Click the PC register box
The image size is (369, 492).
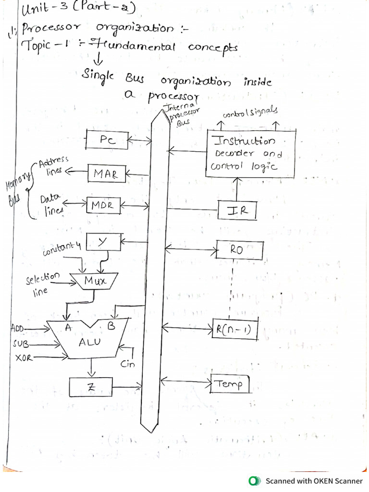coord(107,140)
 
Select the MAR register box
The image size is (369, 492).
coord(106,173)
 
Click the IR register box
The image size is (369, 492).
coord(237,210)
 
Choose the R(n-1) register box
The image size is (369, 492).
coord(235,330)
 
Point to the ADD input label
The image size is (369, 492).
coord(18,329)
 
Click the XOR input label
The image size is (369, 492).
coord(24,358)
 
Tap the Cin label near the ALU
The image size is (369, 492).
coord(128,364)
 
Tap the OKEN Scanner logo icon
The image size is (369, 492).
coord(253,480)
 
